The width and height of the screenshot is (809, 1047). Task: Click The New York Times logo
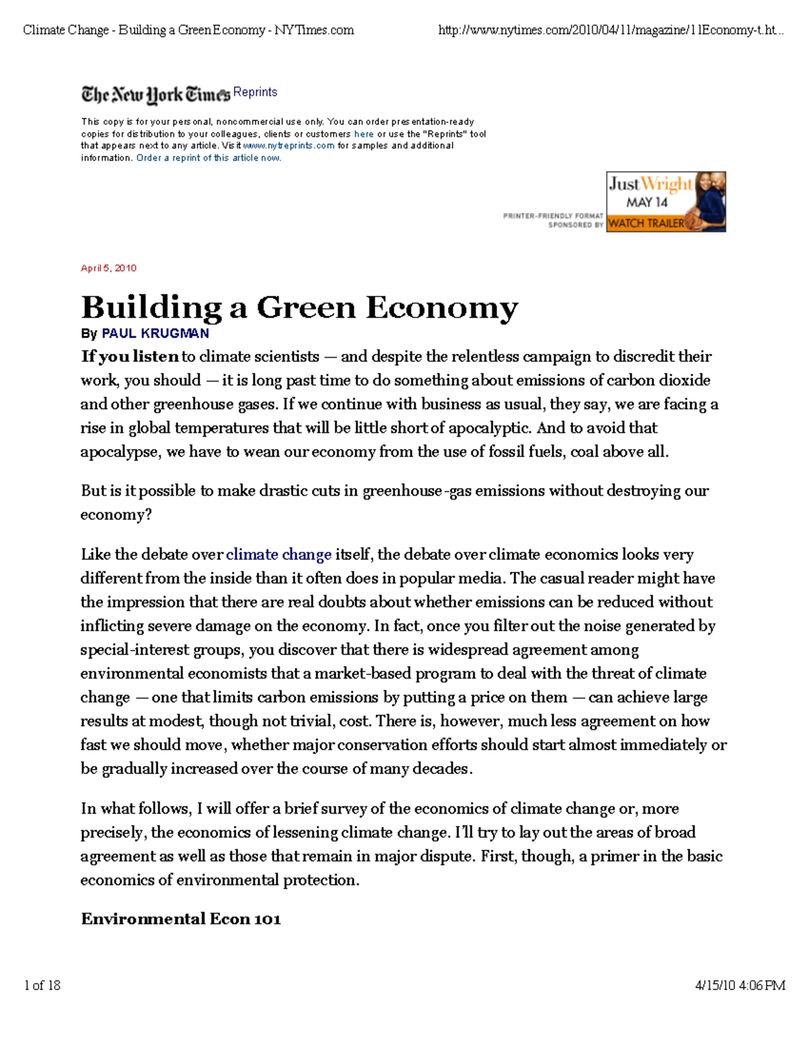point(156,95)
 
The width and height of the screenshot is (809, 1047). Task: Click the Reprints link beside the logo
point(255,92)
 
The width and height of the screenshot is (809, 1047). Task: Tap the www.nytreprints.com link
point(289,146)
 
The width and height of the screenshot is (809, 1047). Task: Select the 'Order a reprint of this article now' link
point(208,158)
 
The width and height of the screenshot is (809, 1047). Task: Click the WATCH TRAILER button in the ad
point(646,223)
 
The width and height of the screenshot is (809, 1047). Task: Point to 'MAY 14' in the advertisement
point(647,202)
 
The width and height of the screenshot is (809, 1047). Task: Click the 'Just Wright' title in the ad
point(650,184)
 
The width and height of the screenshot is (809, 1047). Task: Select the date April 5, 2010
point(109,268)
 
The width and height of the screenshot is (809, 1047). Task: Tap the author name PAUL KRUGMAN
point(155,334)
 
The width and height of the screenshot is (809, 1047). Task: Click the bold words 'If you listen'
point(130,357)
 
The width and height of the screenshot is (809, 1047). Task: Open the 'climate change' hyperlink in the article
point(278,555)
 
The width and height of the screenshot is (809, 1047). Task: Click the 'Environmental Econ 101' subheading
point(181,920)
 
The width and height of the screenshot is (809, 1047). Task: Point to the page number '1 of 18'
point(42,986)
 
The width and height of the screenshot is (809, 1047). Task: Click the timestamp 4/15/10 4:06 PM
point(740,986)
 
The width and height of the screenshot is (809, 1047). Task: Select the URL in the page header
point(610,30)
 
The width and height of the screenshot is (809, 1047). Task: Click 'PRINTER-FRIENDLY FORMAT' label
point(553,216)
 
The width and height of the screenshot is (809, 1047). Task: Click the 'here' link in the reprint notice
point(363,134)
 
